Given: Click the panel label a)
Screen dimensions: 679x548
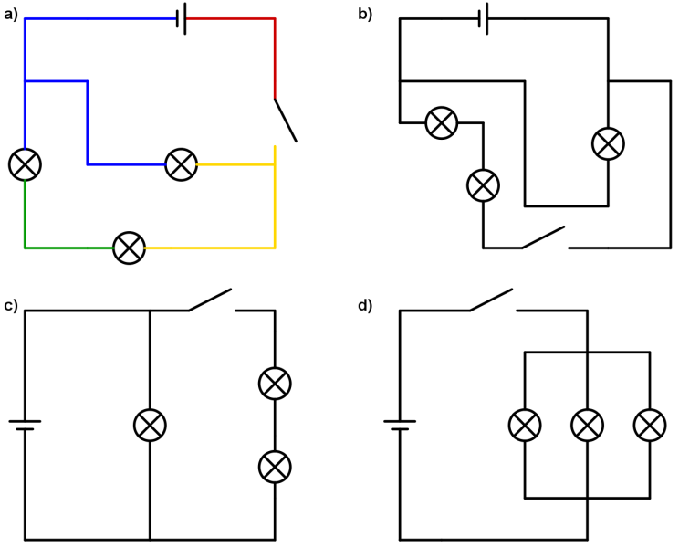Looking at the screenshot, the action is (x=11, y=15).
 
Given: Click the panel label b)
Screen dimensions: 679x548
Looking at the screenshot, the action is (x=365, y=15).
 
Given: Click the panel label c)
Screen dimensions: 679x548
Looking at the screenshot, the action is (x=11, y=306).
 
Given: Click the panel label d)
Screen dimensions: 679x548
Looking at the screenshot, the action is (x=365, y=306).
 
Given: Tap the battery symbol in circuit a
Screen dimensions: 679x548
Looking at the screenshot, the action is (x=182, y=18).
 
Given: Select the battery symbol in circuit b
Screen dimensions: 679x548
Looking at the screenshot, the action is (x=484, y=18).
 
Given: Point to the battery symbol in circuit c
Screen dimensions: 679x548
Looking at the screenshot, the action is (x=26, y=425).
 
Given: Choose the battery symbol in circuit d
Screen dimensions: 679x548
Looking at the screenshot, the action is (x=400, y=425).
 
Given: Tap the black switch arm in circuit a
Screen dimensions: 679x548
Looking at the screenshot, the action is (x=286, y=120).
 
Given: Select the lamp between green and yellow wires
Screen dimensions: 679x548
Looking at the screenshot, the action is (x=129, y=248).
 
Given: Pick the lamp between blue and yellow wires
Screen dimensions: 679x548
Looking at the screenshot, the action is (x=181, y=164).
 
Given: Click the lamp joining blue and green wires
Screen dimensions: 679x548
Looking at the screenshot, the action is (x=26, y=164).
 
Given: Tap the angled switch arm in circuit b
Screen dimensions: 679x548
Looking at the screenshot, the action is (x=543, y=237).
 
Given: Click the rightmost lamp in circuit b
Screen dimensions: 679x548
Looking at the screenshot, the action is (x=608, y=143).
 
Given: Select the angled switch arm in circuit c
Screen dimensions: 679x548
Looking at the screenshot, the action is (x=210, y=300).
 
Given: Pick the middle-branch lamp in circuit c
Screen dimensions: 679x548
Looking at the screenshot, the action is (x=150, y=425).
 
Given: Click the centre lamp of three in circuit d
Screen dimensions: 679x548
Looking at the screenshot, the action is (x=587, y=425).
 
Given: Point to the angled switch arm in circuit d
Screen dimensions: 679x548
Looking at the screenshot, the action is (x=491, y=300).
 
